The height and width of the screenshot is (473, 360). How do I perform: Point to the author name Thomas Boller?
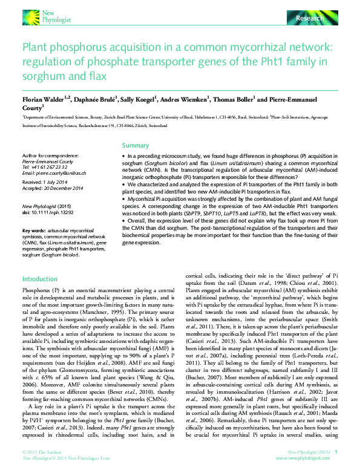pos(238,98)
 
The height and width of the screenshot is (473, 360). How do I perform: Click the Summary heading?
pos(136,146)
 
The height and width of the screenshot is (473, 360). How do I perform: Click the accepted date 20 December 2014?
pos(65,187)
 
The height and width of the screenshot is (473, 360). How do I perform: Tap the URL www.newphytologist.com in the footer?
pos(313,458)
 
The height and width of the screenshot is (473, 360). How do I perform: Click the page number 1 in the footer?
pos(336,452)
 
